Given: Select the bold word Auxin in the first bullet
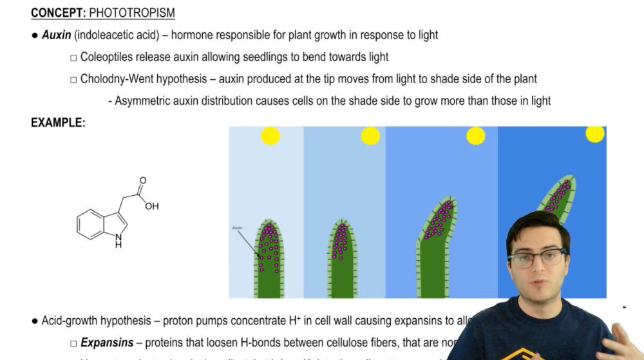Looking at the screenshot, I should click(56, 35).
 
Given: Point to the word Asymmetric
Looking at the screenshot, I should click(142, 100).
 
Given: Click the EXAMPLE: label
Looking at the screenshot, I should click(58, 122).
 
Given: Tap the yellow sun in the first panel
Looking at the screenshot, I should click(270, 136).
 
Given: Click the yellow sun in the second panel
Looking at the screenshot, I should click(370, 136).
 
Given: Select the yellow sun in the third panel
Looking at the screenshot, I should click(475, 136).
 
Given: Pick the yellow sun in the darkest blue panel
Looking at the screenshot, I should click(594, 133).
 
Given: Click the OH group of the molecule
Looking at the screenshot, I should click(151, 206).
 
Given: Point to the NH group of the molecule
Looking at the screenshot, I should click(118, 241).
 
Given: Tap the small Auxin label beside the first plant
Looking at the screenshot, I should click(236, 228).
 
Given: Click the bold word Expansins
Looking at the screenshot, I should click(107, 343).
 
